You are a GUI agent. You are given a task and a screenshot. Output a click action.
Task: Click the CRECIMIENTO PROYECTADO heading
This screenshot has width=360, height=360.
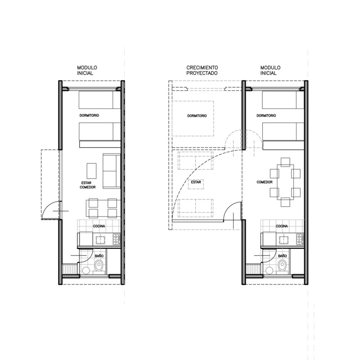[202, 70]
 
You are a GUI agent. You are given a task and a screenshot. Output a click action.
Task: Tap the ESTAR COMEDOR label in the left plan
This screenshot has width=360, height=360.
[88, 185]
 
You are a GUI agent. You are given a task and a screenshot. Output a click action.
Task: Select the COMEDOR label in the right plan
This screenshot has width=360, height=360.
[265, 182]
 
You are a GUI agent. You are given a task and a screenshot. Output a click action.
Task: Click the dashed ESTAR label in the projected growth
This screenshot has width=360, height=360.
[196, 182]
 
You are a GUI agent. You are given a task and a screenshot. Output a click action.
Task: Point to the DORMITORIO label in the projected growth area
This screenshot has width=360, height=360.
[197, 116]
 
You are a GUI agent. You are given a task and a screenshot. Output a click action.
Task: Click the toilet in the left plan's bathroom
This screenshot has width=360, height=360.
[99, 266]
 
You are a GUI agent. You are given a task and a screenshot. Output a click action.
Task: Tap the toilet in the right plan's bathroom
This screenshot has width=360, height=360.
[282, 266]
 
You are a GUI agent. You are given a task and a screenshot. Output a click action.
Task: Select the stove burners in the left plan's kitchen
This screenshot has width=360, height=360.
[117, 239]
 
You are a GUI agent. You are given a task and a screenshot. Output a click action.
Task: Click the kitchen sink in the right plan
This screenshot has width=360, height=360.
[284, 240]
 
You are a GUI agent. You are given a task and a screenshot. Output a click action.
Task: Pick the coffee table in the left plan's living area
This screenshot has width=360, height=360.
[92, 171]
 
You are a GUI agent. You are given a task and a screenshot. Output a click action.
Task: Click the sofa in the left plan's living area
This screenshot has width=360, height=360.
[112, 171]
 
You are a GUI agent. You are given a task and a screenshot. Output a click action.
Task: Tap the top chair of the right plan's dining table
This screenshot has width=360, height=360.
[285, 162]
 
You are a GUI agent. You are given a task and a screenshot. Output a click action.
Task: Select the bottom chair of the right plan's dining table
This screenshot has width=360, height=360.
[285, 202]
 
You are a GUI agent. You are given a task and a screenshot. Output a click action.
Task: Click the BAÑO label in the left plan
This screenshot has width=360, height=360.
[99, 256]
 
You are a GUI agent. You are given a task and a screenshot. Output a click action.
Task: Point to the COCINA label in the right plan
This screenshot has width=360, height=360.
[282, 226]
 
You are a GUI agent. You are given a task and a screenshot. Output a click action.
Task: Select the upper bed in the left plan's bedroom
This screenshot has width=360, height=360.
[99, 100]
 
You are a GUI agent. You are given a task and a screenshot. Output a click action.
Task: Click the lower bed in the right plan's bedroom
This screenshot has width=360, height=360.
[283, 131]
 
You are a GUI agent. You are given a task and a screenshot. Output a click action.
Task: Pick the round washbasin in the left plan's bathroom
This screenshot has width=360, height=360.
[86, 270]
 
